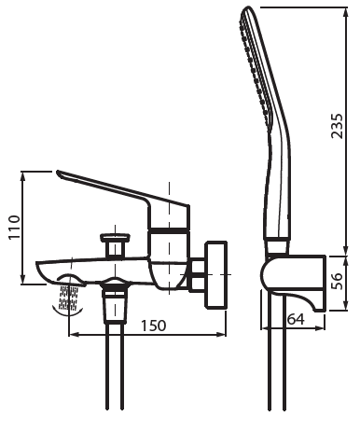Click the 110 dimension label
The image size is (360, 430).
click(14, 227)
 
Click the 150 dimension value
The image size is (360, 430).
click(154, 326)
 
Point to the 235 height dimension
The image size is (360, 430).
click(337, 126)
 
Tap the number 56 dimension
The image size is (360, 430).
click(337, 281)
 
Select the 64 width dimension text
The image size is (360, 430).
click(296, 319)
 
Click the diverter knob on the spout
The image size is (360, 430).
click(116, 244)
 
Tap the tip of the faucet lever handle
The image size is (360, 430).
click(59, 172)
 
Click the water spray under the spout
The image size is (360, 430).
click(68, 298)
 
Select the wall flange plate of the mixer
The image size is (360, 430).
click(215, 275)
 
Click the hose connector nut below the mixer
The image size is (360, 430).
click(116, 306)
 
